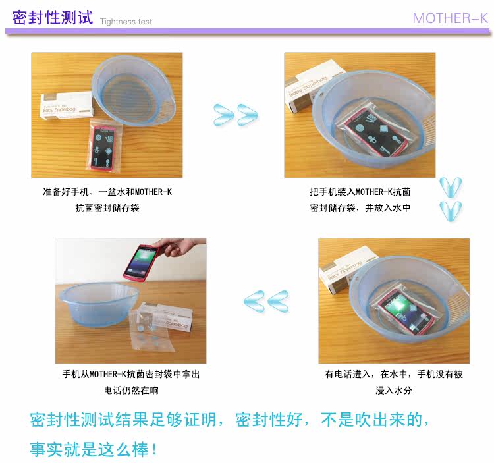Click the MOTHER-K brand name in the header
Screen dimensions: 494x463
pyautogui.click(x=451, y=18)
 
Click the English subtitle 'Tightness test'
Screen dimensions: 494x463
pyautogui.click(x=126, y=22)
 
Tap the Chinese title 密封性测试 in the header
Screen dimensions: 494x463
pyautogui.click(x=53, y=17)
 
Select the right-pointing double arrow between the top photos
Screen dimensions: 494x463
pyautogui.click(x=236, y=115)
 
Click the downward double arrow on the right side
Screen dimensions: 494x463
pyautogui.click(x=451, y=199)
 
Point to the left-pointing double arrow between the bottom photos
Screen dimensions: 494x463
pyautogui.click(x=266, y=302)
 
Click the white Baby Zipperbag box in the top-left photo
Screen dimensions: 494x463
pyautogui.click(x=67, y=105)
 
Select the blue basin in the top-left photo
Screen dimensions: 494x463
pyautogui.click(x=133, y=91)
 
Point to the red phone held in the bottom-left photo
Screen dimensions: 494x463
pyautogui.click(x=141, y=262)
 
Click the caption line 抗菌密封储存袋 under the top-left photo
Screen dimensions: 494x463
pyautogui.click(x=107, y=208)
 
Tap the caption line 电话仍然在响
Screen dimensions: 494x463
pyautogui.click(x=131, y=391)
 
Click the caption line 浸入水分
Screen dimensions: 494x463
pyautogui.click(x=393, y=391)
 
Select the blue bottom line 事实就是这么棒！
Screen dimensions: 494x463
pyautogui.click(x=94, y=449)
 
